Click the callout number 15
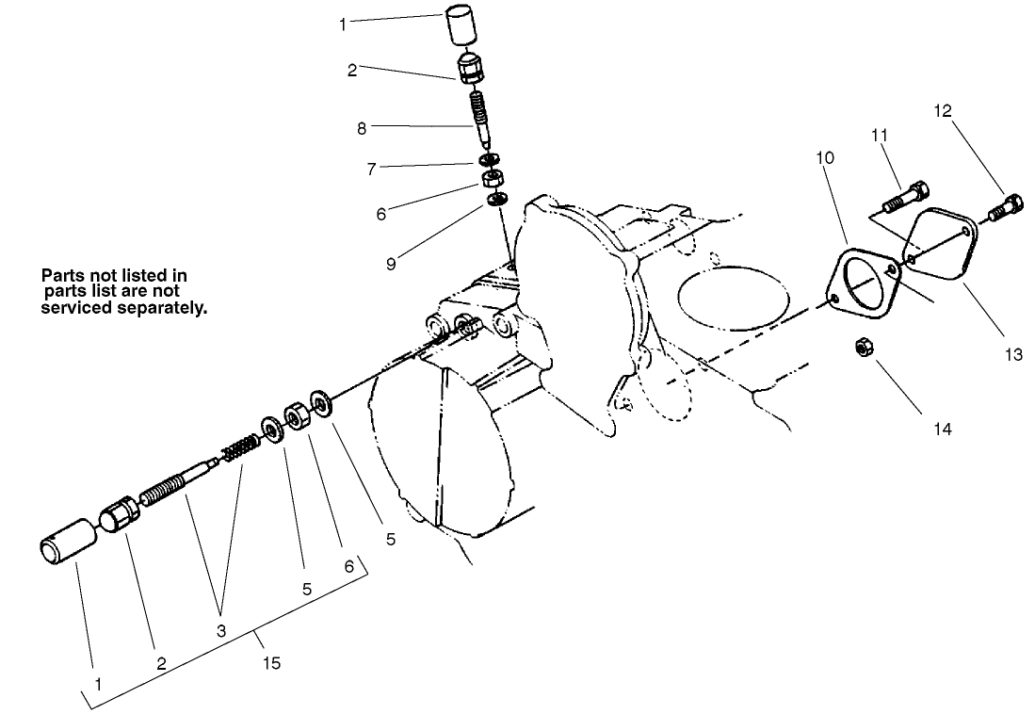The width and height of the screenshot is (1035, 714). [272, 663]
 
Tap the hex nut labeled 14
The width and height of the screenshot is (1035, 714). [862, 348]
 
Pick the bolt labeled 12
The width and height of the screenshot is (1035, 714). [1007, 204]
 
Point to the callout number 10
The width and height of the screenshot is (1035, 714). [825, 157]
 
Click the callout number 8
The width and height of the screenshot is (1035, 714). [362, 129]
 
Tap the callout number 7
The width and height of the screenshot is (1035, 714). [371, 170]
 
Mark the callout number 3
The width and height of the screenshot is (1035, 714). [221, 631]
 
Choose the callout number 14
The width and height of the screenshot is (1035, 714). [943, 430]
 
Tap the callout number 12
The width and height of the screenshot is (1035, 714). [943, 111]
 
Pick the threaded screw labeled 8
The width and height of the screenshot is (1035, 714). [480, 115]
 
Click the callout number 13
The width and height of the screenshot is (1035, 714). [1012, 356]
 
